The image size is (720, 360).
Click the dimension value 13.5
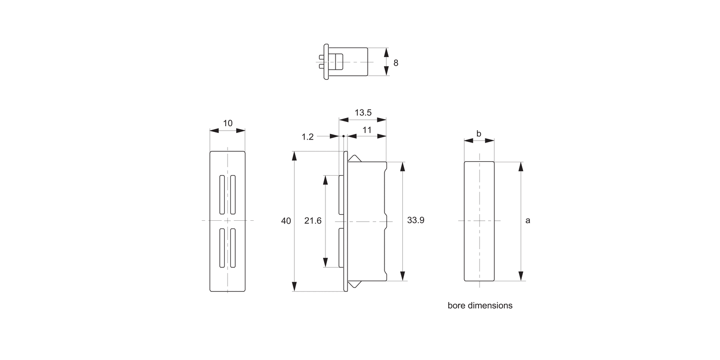[x=363, y=113]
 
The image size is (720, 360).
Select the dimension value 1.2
[x=307, y=137]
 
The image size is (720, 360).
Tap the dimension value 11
[x=367, y=130]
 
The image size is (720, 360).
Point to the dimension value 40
[x=286, y=221]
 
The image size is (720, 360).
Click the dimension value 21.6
[x=313, y=221]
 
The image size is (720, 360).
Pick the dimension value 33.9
[x=415, y=220]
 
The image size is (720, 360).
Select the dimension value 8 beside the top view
[x=396, y=63]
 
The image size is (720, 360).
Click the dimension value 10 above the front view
[x=228, y=123]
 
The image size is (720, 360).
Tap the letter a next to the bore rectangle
[x=528, y=221]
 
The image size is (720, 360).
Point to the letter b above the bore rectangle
[x=479, y=134]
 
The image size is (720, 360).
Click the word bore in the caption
[x=456, y=305]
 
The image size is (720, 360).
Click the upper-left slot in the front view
[x=222, y=195]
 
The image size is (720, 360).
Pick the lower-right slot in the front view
[x=233, y=248]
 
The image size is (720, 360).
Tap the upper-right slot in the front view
[x=233, y=195]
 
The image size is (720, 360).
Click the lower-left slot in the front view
[x=222, y=248]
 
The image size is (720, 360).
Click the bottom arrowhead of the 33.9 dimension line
[x=402, y=276]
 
